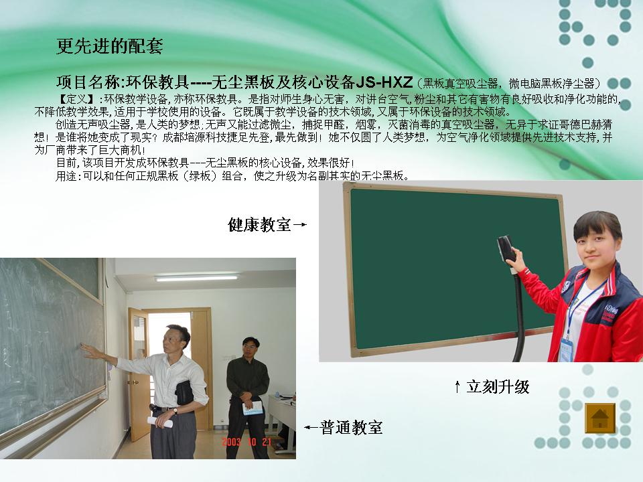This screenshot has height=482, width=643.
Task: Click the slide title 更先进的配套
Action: pos(109,46)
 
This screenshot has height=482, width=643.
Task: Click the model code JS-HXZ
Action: pos(384,82)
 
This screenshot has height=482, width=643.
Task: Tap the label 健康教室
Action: pos(259,225)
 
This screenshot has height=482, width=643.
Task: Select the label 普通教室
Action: pos(351,428)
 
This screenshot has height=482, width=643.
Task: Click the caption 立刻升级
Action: pos(498,386)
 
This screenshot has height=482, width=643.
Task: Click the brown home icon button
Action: pos(600,418)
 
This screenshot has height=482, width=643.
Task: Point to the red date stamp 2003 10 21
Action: pos(246,442)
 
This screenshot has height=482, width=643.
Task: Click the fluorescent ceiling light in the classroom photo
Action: pos(196,278)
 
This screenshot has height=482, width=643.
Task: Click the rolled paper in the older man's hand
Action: pos(160,422)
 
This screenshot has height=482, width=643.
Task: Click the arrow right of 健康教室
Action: pos(300,225)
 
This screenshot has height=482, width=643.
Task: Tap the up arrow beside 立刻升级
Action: pos(457,386)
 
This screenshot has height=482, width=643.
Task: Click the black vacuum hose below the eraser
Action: pos(518,315)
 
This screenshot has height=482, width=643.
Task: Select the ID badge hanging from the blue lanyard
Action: pos(567,350)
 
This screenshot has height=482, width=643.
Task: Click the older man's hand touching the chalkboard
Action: pos(88,349)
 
